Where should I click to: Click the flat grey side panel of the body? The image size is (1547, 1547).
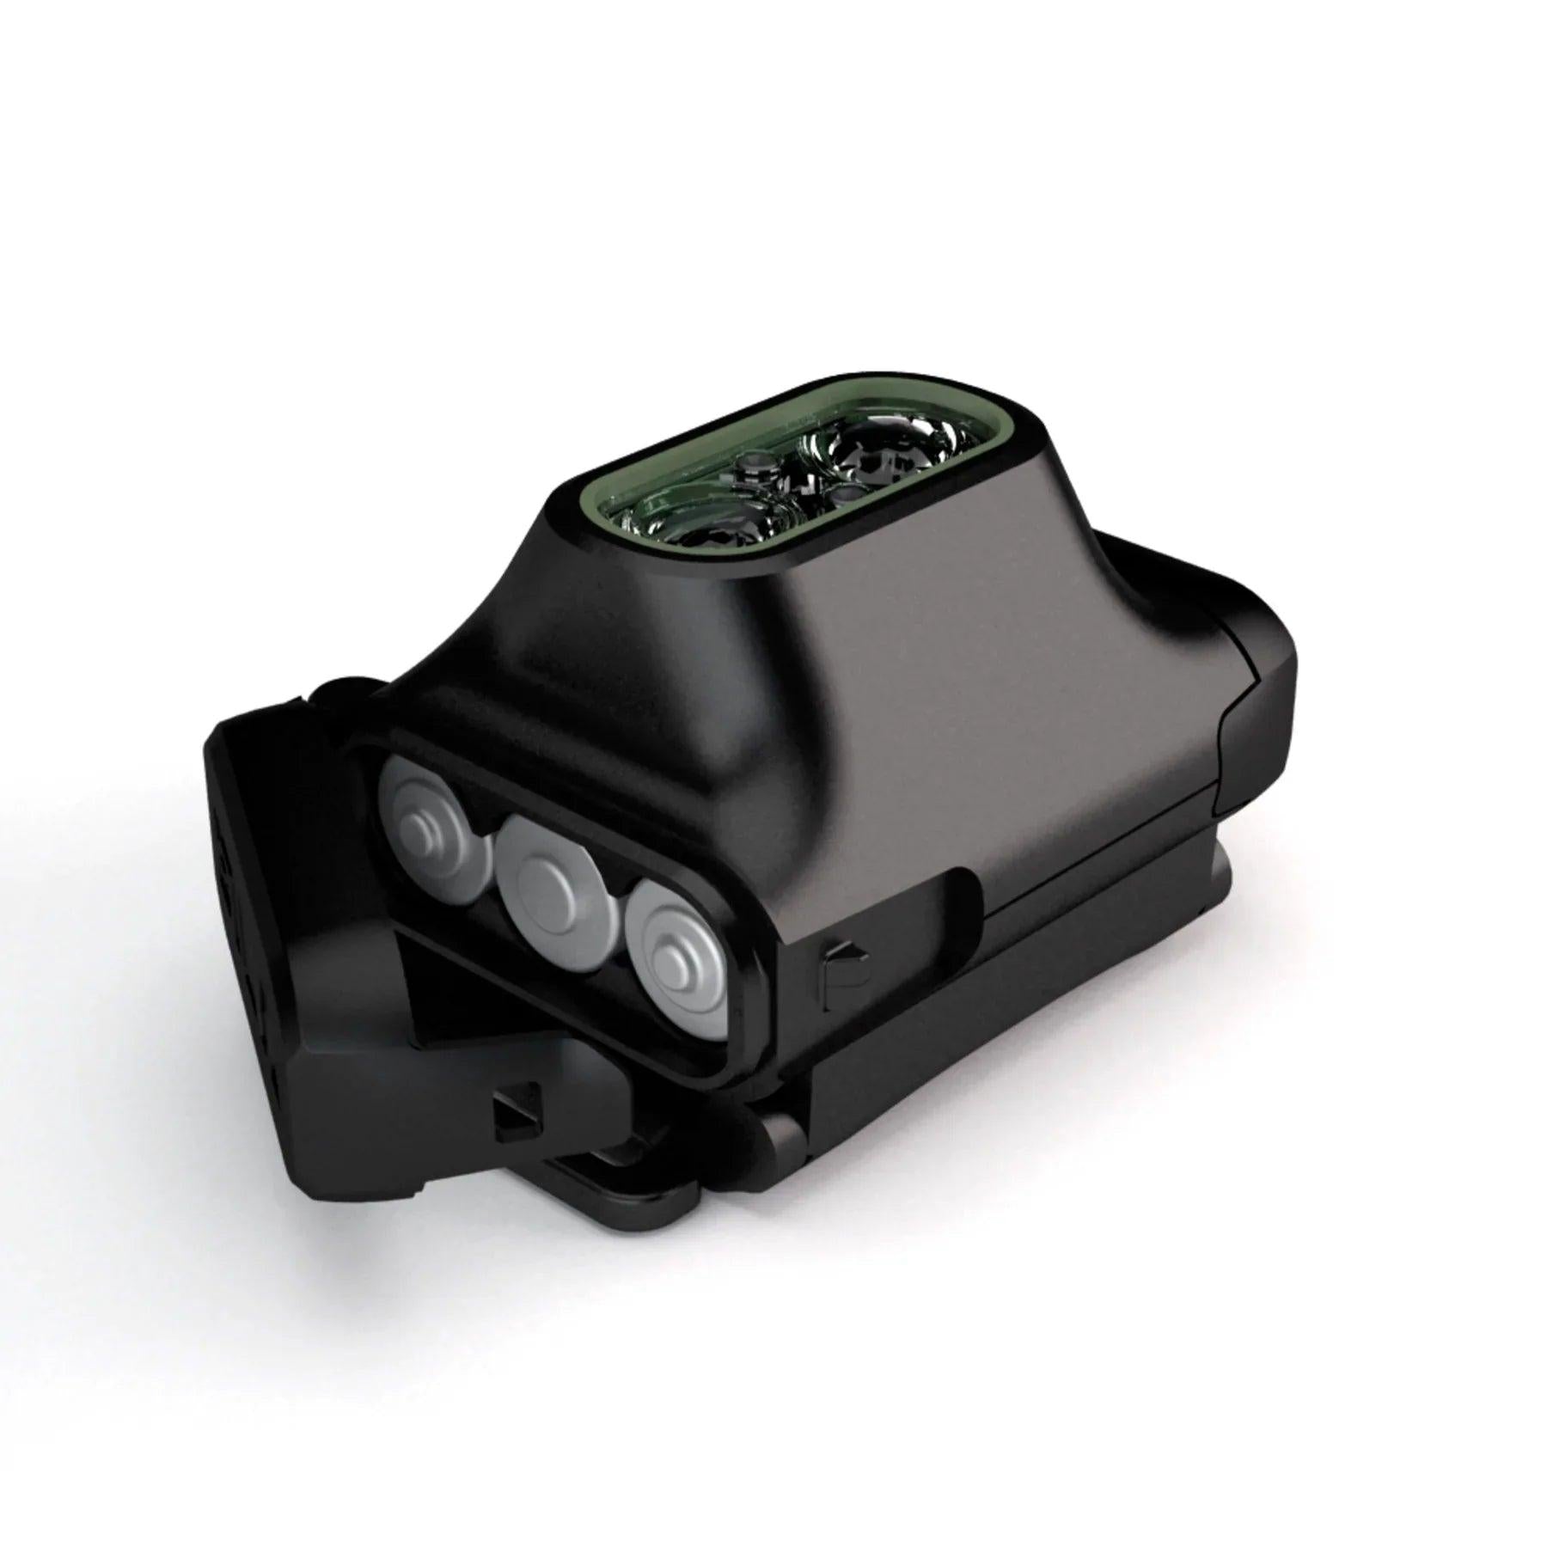tap(988, 731)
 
